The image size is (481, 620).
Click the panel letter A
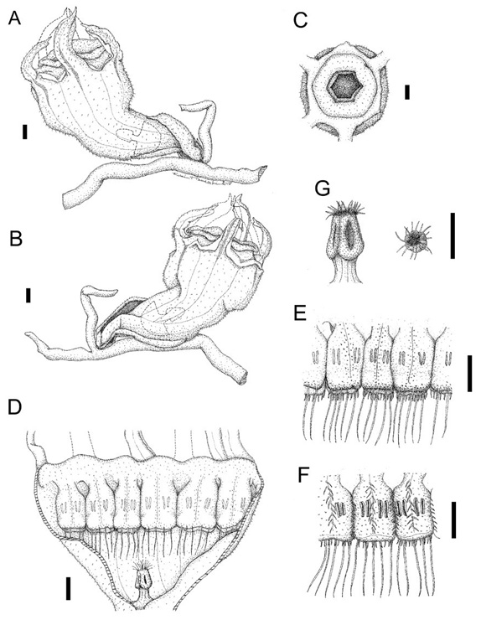(14, 18)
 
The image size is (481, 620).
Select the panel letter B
(15, 240)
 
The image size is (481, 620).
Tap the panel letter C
(301, 21)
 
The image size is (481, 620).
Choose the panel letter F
(303, 476)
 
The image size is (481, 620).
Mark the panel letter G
(323, 189)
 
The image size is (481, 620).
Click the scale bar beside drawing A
(25, 132)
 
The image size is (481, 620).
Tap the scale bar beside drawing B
(28, 296)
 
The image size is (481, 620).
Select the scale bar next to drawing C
(407, 92)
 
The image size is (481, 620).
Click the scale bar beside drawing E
(469, 374)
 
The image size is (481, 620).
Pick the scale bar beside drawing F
(453, 519)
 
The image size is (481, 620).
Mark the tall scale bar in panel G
(453, 235)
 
